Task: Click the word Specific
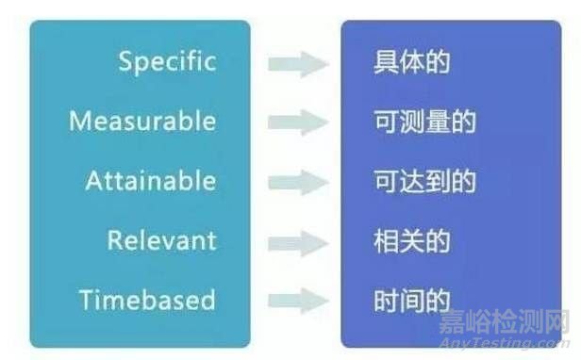167,62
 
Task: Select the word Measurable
142,122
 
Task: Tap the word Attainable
151,181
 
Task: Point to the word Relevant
161,240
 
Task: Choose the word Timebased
147,301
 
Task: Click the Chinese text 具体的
411,63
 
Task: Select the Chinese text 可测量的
424,123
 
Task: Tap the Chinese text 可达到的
424,182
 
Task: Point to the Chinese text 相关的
411,241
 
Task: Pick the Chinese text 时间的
411,302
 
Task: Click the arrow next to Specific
298,64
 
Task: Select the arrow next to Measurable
298,123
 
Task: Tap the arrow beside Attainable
298,182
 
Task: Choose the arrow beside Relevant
298,241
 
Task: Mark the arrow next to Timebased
298,302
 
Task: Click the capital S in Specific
126,62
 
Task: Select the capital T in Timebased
87,301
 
